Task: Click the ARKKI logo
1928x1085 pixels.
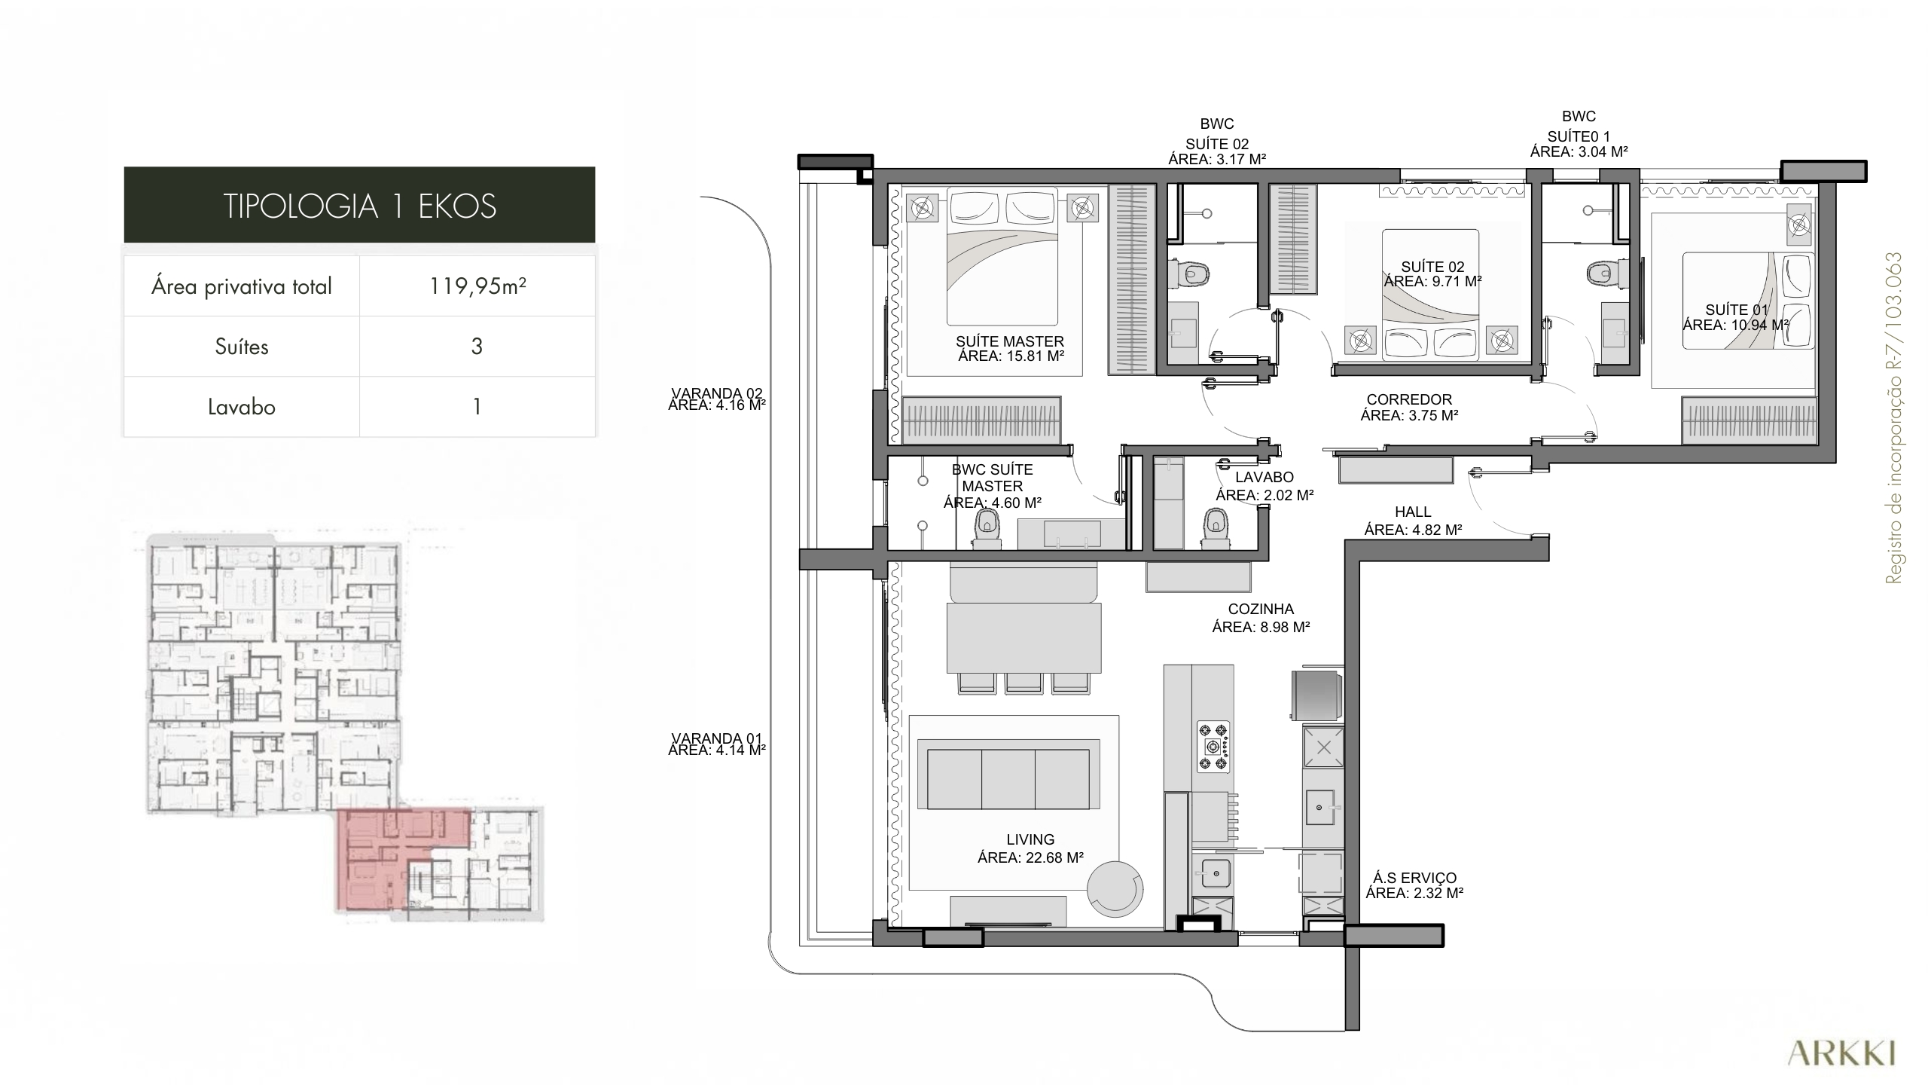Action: (1841, 1053)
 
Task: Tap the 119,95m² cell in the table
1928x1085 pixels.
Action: (477, 286)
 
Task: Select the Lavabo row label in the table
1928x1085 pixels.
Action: (242, 407)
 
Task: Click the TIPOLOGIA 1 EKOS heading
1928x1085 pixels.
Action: (360, 206)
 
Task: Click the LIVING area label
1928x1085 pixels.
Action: (1030, 848)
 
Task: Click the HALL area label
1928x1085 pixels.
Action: (1413, 521)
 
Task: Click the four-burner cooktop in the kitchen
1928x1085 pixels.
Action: (1213, 747)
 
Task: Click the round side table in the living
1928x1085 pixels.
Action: (1115, 890)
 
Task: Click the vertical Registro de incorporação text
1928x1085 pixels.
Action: (1893, 417)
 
